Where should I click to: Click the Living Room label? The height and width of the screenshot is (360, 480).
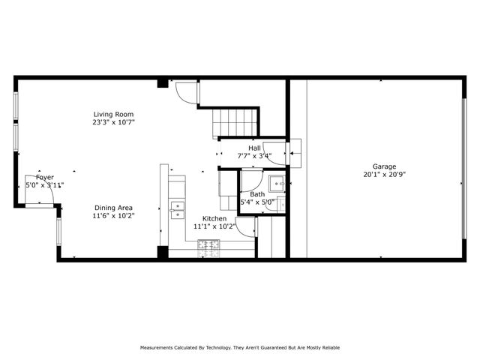[x=114, y=114]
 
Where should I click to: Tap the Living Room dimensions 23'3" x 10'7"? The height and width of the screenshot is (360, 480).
[x=114, y=121]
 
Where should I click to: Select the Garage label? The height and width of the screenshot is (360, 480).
[x=385, y=166]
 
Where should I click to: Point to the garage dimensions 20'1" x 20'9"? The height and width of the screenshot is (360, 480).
[x=385, y=174]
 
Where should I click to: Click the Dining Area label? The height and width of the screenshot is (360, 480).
[x=114, y=208]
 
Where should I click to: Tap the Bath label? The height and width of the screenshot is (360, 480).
[x=257, y=194]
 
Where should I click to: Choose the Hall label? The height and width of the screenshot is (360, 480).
[x=254, y=148]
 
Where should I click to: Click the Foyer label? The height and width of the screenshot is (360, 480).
[x=34, y=178]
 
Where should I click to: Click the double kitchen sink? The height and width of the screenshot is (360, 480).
[x=178, y=209]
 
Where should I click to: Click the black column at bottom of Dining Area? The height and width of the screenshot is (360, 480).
[x=163, y=253]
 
